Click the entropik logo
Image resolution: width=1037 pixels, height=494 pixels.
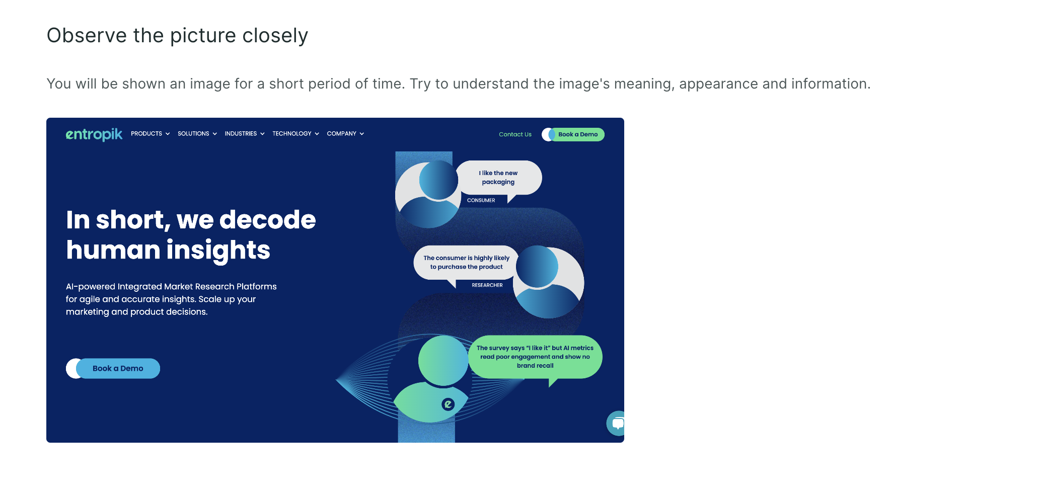click(x=94, y=134)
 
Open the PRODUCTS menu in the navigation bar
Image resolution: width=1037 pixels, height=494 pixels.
click(x=151, y=134)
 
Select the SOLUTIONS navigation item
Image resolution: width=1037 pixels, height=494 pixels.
click(x=197, y=134)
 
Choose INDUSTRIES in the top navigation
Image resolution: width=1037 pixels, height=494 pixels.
click(x=245, y=134)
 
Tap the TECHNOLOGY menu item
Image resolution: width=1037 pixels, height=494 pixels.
click(x=296, y=134)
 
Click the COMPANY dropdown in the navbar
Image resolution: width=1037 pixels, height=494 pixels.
click(x=345, y=134)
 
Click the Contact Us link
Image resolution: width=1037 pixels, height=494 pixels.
click(x=515, y=134)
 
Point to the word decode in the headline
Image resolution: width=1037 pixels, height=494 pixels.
click(x=267, y=220)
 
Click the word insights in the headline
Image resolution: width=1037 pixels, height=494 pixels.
click(x=218, y=251)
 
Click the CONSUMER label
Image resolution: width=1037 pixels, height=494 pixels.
click(x=481, y=200)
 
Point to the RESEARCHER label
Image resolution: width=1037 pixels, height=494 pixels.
click(x=487, y=285)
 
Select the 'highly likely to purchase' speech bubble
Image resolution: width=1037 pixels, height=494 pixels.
click(x=466, y=263)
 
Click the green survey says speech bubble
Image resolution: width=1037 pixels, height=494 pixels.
click(x=535, y=357)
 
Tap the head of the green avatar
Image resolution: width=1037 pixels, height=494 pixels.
click(x=443, y=360)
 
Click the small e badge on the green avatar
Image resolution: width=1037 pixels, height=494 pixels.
click(x=448, y=404)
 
